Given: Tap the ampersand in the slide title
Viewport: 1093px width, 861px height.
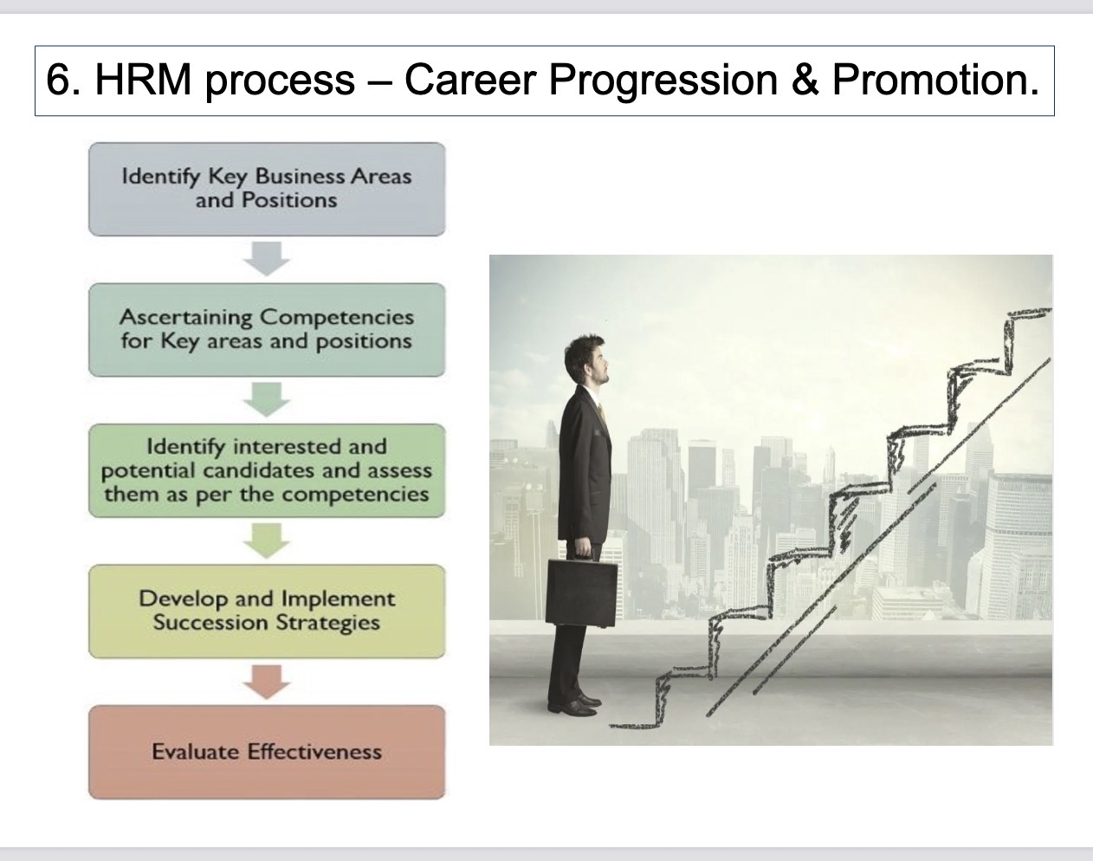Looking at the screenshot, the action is pos(805,81).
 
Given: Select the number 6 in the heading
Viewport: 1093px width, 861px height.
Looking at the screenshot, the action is pos(57,81).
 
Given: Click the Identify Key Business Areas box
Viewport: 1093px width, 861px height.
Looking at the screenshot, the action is pos(267,189).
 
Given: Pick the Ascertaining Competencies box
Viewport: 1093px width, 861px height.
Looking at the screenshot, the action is pos(267,330).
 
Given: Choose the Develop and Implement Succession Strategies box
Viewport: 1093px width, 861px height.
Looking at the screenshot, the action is pos(267,612).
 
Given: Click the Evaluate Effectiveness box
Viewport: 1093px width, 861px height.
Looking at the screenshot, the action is pos(267,753).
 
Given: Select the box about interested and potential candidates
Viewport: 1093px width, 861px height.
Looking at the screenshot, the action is pos(267,470).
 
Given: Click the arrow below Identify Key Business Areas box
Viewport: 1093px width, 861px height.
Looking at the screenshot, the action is pos(267,259).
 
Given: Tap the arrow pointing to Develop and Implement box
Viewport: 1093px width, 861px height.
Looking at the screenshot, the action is pos(267,541).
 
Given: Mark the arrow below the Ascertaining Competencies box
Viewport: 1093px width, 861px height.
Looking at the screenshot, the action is pos(267,400).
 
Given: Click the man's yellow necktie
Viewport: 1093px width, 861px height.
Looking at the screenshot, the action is pos(601,411).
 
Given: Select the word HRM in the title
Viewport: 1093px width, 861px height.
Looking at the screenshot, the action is pos(143,81).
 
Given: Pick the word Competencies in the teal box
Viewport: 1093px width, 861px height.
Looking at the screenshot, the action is pos(337,318).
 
